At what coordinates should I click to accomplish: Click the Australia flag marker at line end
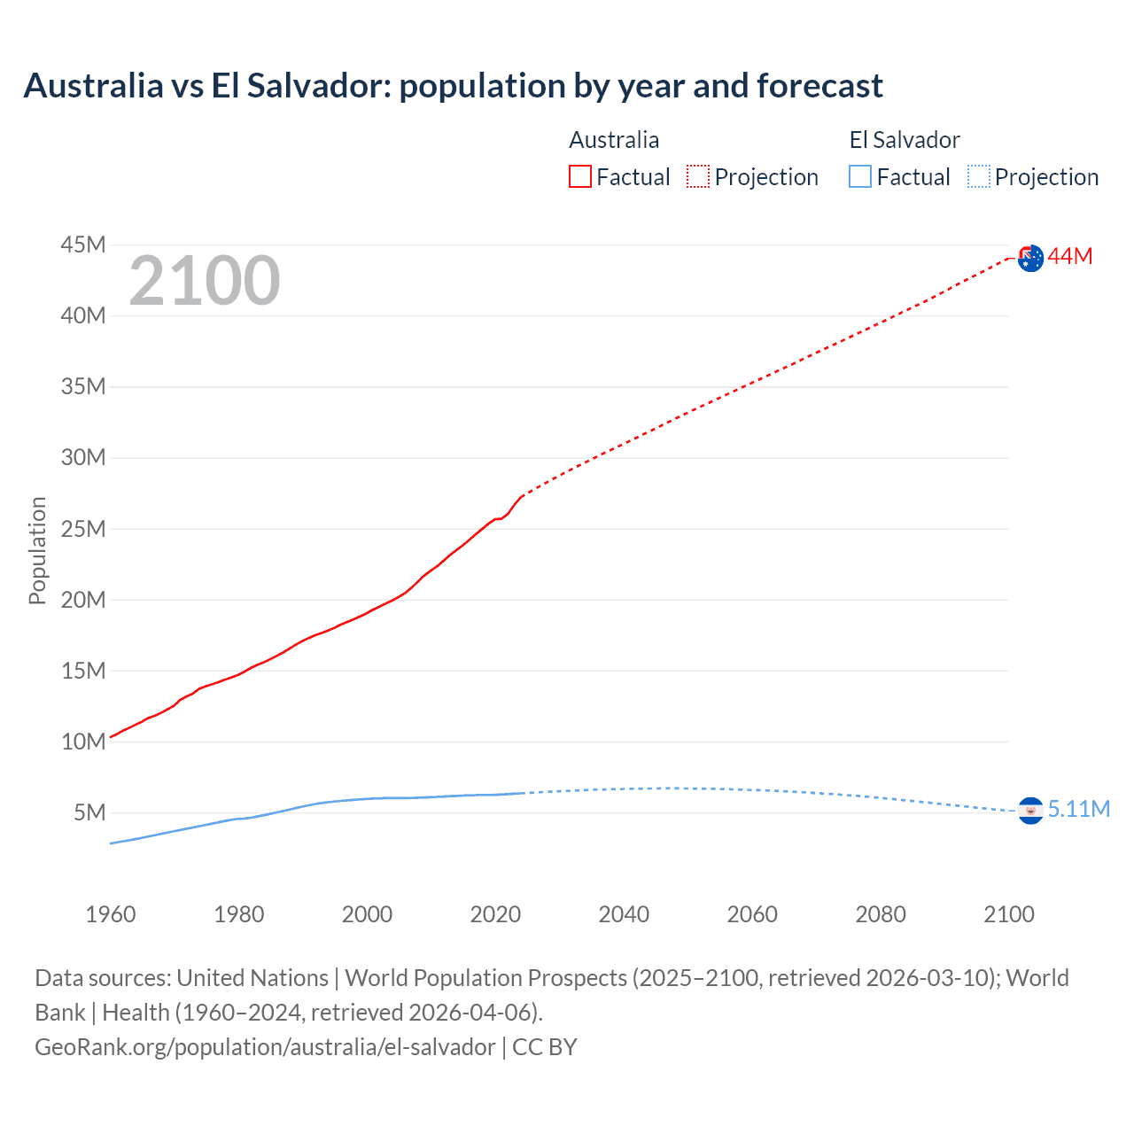(x=1030, y=258)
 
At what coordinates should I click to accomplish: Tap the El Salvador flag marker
(x=1030, y=810)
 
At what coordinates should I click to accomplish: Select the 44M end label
(x=1070, y=256)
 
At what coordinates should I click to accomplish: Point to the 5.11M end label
(x=1079, y=809)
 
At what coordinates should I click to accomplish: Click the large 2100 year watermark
(x=205, y=281)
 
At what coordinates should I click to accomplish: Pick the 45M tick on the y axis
(x=83, y=245)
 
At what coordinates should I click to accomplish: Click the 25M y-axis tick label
(x=83, y=529)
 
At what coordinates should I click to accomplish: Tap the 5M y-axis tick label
(x=89, y=812)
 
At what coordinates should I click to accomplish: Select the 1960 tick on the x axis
(x=111, y=914)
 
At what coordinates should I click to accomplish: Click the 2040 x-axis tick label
(x=624, y=914)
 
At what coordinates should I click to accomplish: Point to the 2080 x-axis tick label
(x=881, y=914)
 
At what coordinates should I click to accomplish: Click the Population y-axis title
(x=37, y=550)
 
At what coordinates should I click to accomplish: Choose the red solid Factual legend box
(x=580, y=176)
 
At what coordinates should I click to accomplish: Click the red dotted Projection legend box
(x=698, y=176)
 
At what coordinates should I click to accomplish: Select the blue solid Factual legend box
(x=860, y=176)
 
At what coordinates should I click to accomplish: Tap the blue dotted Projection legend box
(x=979, y=176)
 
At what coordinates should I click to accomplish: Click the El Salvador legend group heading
(x=905, y=140)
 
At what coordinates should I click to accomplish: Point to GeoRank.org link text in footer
(x=265, y=1046)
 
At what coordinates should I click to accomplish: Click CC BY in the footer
(x=545, y=1046)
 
